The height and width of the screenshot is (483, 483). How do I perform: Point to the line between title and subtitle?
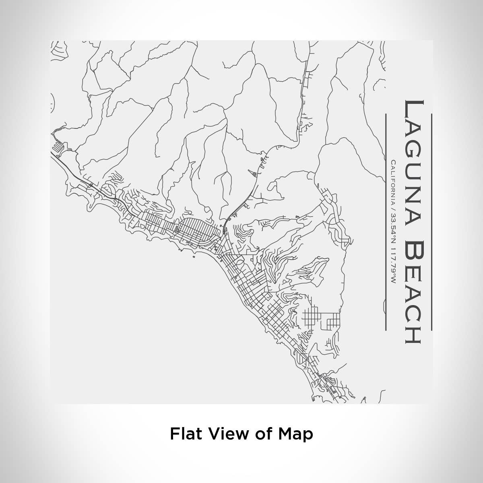(x=386, y=221)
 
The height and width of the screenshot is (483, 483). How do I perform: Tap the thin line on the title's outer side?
(x=431, y=221)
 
